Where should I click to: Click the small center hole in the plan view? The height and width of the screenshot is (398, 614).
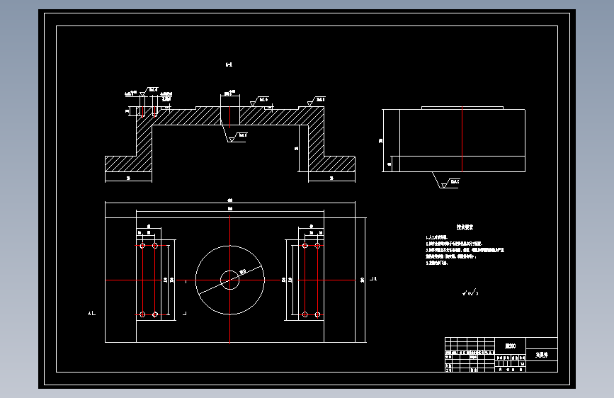[229, 280]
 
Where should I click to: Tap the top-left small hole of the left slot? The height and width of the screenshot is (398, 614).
[143, 246]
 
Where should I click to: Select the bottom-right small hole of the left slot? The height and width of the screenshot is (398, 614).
[155, 314]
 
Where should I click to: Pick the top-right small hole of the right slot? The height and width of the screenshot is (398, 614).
[317, 246]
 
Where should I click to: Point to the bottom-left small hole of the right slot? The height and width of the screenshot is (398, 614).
[305, 314]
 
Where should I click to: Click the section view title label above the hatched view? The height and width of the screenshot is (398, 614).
[229, 65]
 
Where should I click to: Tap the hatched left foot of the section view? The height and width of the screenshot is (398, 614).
[128, 164]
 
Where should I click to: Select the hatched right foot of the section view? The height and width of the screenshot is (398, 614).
[332, 164]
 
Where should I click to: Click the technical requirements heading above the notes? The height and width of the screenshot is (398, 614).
[465, 227]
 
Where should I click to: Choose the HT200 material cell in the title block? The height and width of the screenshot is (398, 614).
[511, 346]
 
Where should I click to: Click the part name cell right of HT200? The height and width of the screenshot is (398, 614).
[542, 354]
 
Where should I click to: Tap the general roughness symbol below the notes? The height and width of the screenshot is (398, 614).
[469, 291]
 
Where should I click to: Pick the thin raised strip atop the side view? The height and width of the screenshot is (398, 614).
[462, 108]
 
